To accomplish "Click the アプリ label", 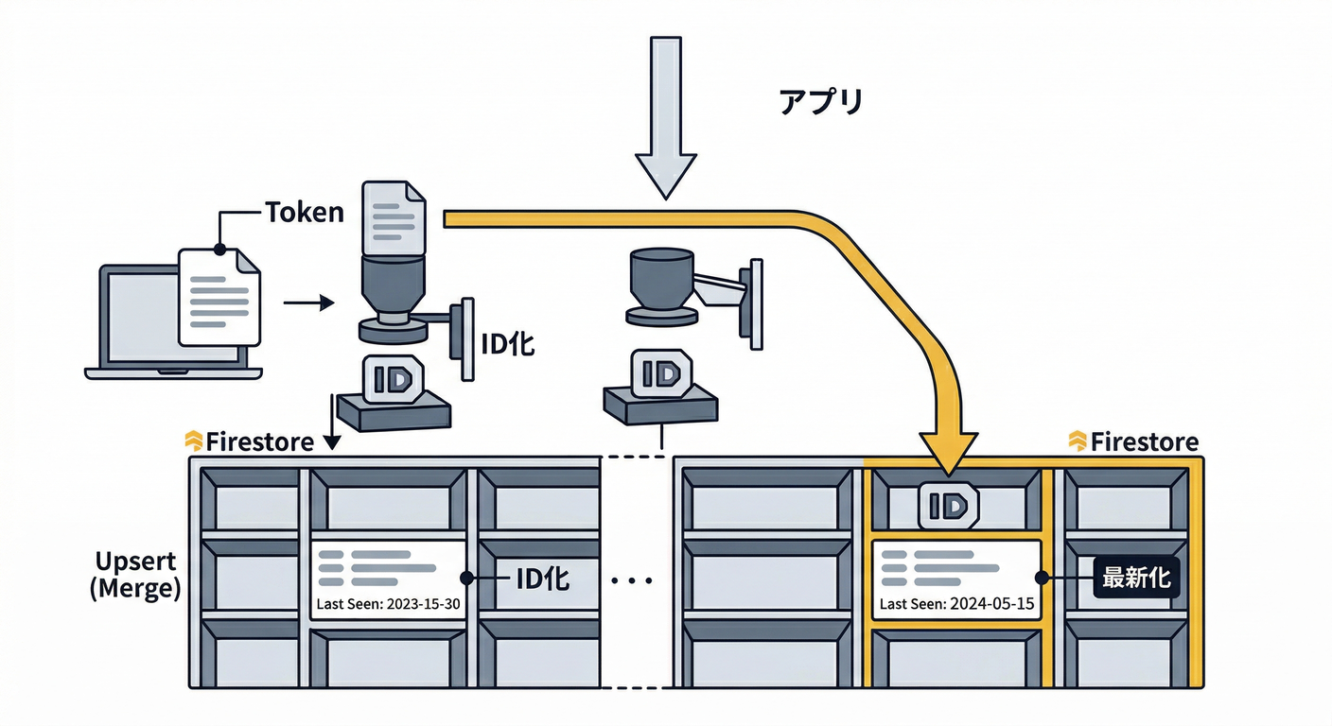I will (820, 102).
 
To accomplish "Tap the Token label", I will (304, 212).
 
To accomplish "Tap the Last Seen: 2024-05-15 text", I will (956, 604).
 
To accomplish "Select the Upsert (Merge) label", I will (134, 575).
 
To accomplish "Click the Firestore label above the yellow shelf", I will (1144, 442).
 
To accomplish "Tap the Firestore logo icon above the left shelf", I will (193, 441).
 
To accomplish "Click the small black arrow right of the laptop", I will (308, 303).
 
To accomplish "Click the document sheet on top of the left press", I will (394, 217).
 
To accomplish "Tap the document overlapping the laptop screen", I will (219, 296).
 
